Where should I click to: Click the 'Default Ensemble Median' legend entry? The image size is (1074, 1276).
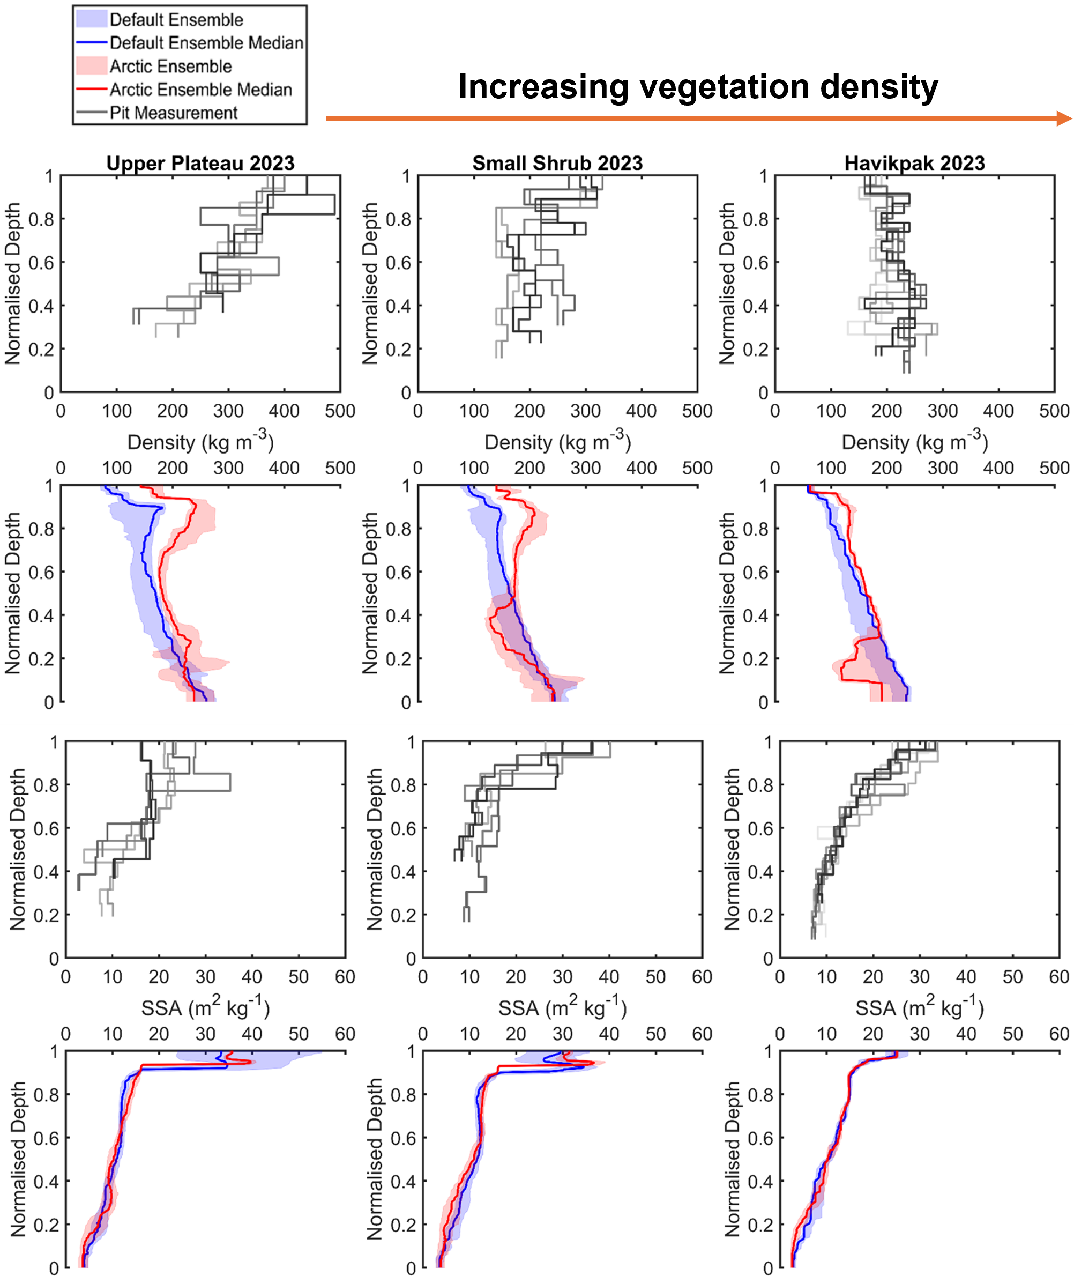[x=206, y=43]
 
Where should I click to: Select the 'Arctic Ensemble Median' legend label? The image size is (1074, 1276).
[x=200, y=90]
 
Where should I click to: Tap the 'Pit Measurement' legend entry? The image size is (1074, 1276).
[x=173, y=113]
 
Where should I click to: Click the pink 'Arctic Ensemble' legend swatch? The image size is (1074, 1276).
[x=91, y=66]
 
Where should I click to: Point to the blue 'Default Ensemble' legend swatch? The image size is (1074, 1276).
[x=91, y=19]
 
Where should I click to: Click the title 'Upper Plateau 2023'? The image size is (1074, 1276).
[x=200, y=163]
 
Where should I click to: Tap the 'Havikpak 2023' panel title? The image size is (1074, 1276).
[x=914, y=163]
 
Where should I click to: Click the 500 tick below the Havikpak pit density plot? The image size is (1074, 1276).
[x=1054, y=411]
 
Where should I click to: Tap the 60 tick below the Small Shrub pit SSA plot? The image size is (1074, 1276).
[x=702, y=977]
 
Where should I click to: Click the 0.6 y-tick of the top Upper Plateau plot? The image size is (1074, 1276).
[x=41, y=263]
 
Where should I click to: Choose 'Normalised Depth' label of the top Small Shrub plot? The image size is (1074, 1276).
[x=370, y=283]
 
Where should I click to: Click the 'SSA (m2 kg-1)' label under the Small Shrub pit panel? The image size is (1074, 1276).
[x=562, y=1007]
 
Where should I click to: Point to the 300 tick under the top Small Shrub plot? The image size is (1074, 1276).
[x=585, y=411]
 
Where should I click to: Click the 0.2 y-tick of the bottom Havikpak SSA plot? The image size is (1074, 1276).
[x=760, y=1224]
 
